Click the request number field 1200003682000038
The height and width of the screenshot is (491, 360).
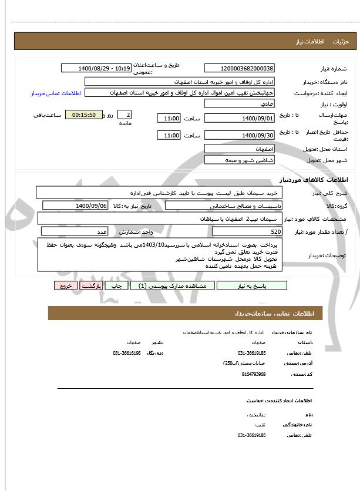[x=239, y=69]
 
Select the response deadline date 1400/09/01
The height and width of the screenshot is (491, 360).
[x=239, y=118]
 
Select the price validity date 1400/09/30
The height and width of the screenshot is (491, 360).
[x=239, y=136]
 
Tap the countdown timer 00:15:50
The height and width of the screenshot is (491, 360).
[x=83, y=115]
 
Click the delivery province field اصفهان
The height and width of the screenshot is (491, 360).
[x=239, y=149]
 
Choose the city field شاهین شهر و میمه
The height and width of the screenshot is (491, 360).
[x=239, y=160]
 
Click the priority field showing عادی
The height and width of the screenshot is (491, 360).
[x=239, y=103]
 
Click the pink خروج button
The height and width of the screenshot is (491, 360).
[x=65, y=285]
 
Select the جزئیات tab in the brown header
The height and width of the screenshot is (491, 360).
[x=341, y=42]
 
